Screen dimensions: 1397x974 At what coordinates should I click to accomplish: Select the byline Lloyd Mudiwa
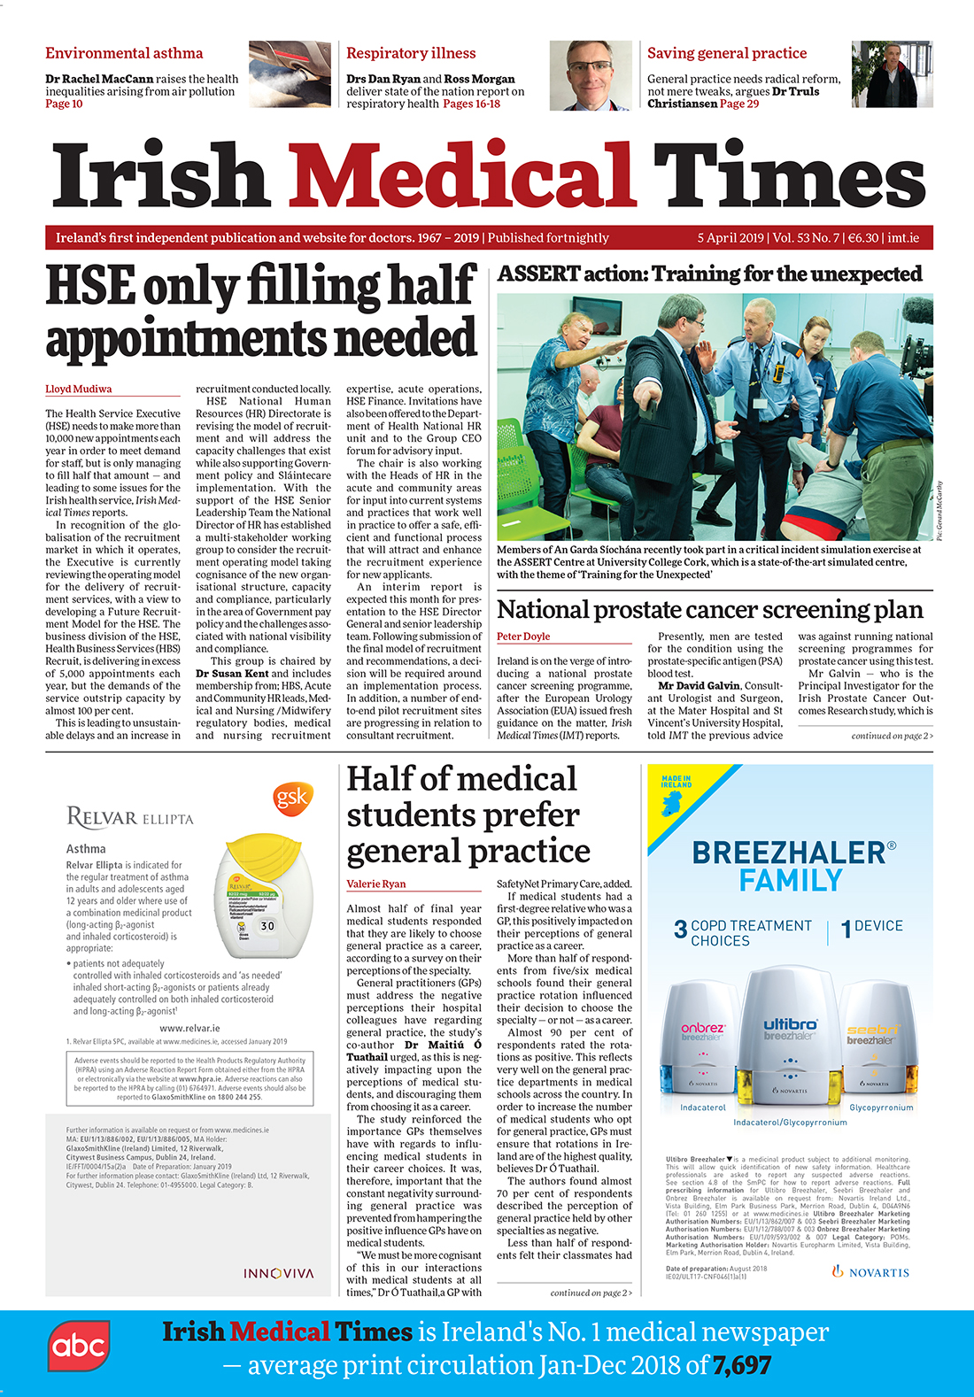click(x=79, y=389)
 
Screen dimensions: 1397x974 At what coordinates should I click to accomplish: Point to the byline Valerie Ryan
click(x=375, y=884)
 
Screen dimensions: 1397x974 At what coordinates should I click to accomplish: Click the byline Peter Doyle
click(x=523, y=637)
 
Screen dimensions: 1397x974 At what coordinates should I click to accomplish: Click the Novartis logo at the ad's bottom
click(x=870, y=1272)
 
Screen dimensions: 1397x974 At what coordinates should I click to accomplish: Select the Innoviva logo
click(x=279, y=1273)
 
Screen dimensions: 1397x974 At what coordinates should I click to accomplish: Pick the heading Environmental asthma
click(x=124, y=53)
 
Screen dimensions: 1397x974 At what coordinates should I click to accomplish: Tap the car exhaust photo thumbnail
click(x=290, y=74)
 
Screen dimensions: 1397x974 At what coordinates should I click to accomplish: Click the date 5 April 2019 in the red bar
click(x=730, y=237)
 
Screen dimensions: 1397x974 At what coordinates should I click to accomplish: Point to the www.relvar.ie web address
click(x=189, y=1028)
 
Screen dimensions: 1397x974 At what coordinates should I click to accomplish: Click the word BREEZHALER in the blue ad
click(x=788, y=853)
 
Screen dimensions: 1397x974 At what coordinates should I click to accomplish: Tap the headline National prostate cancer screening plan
click(x=709, y=609)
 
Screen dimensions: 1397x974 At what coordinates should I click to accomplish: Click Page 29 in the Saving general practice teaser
click(x=739, y=104)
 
